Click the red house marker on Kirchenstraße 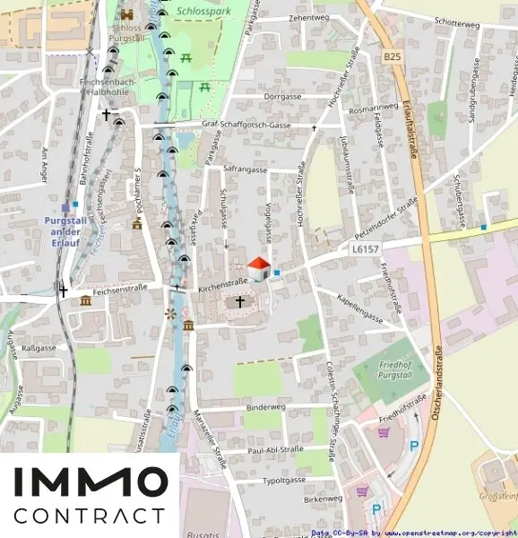tap(258, 268)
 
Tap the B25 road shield tap(392, 56)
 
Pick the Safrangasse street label tap(246, 169)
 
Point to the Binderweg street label tap(265, 407)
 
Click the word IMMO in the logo tap(90, 482)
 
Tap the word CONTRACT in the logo tap(90, 516)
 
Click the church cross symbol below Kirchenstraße tap(239, 303)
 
